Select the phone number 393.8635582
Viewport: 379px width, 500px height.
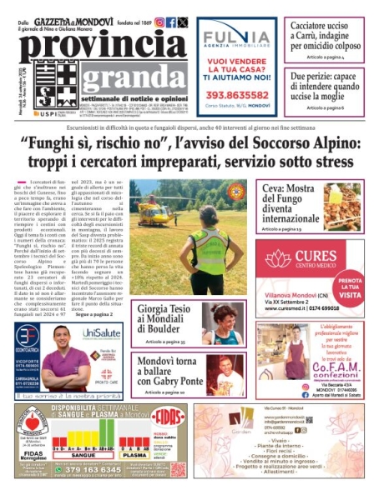(x=236, y=94)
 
